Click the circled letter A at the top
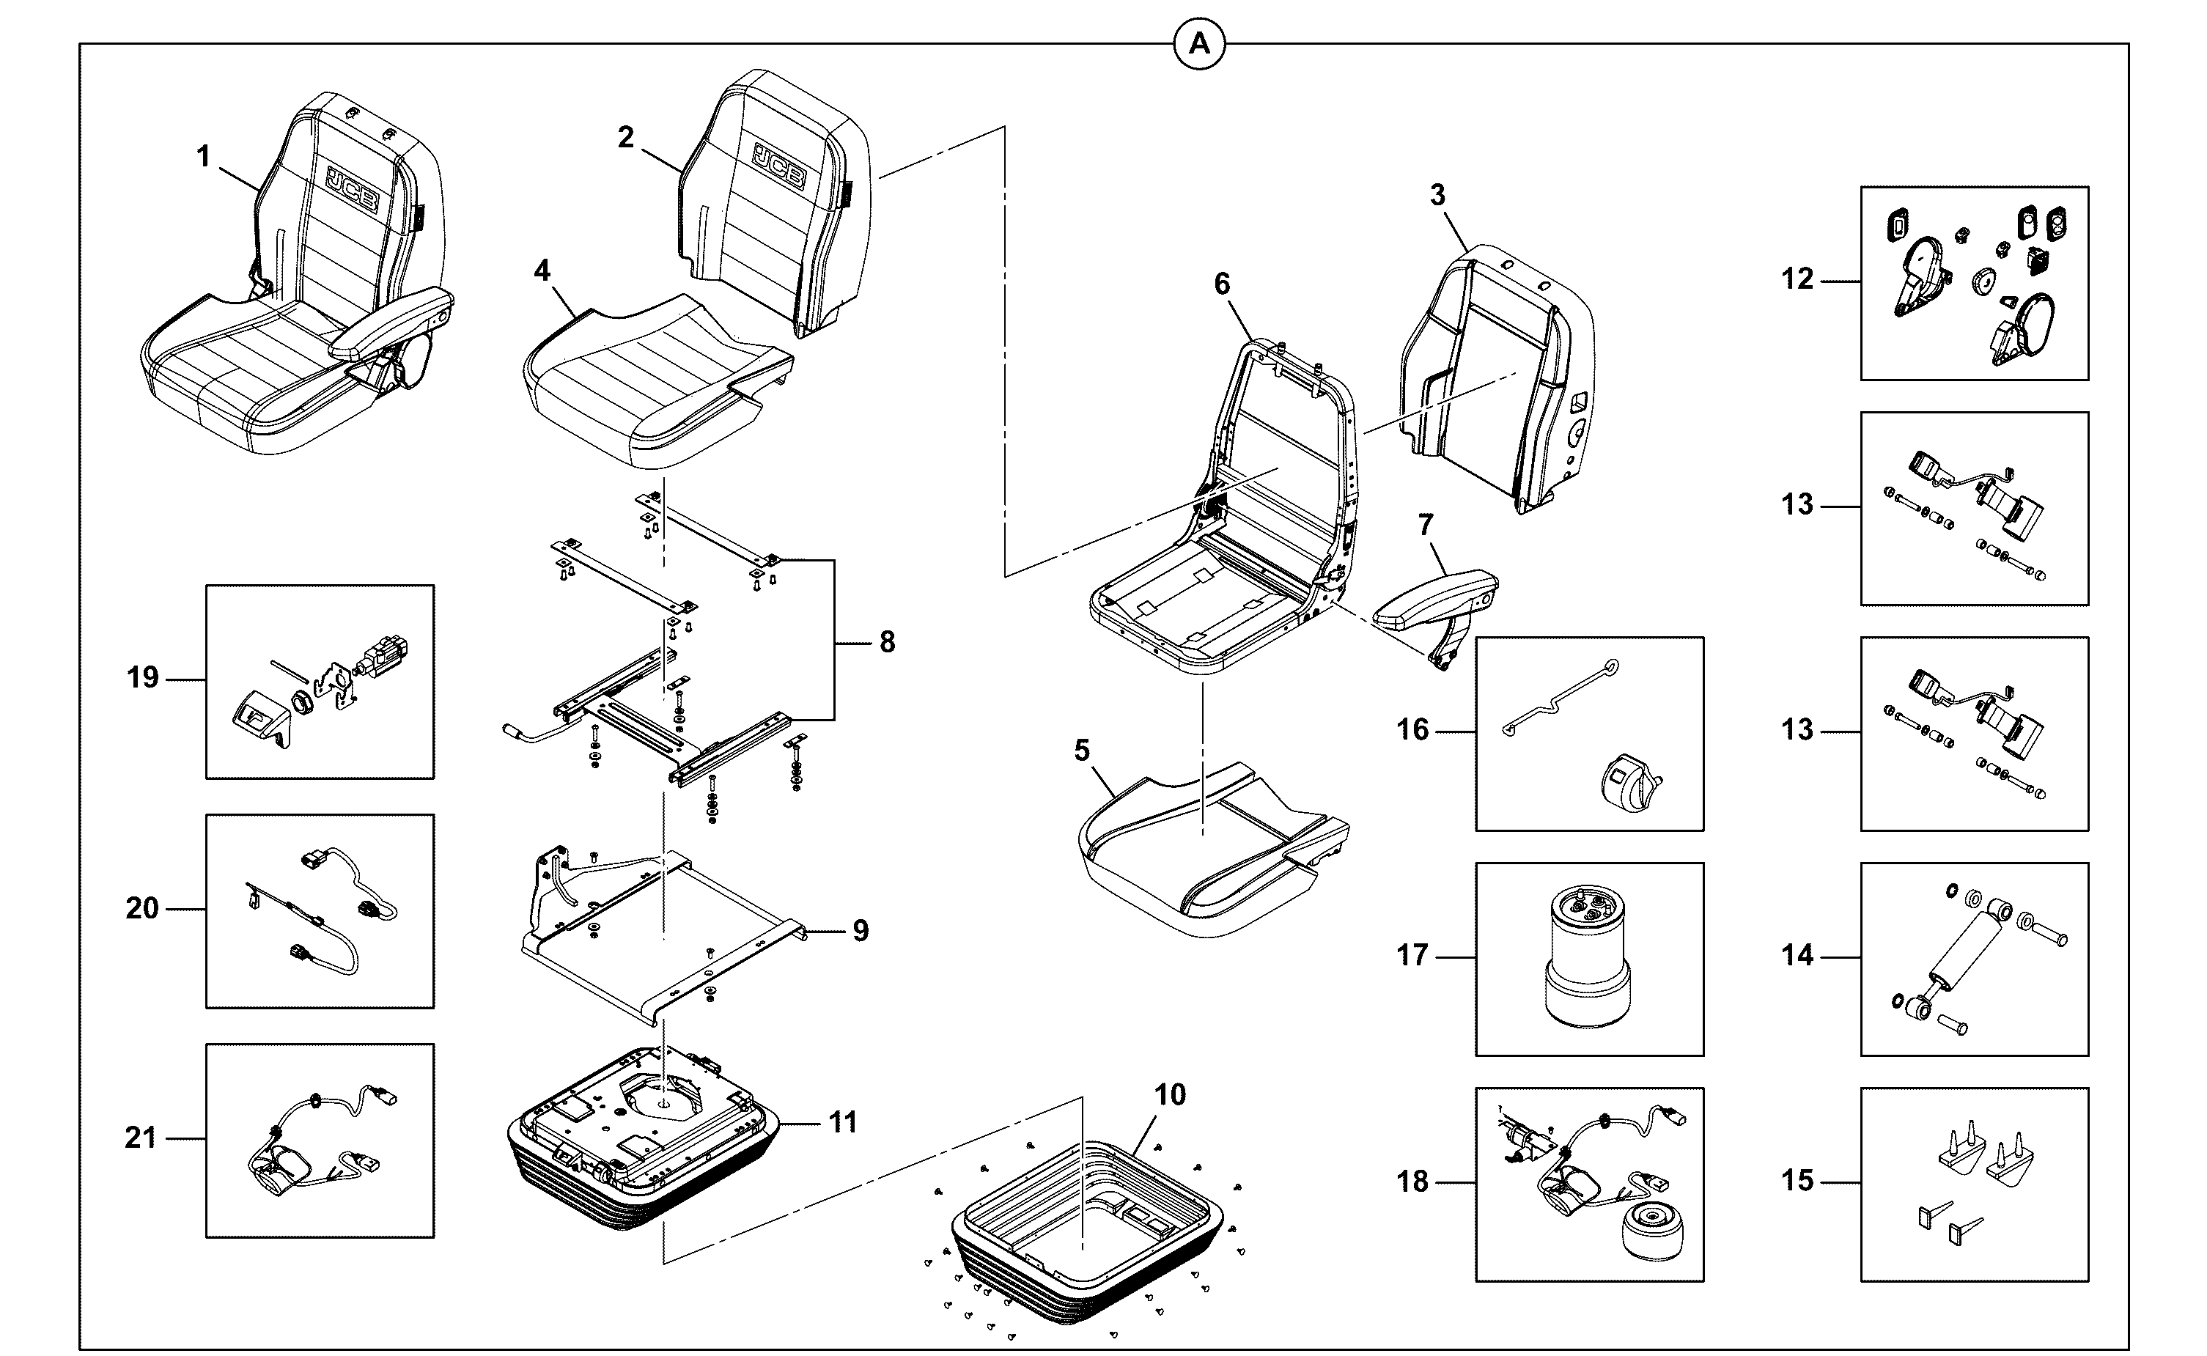[1199, 44]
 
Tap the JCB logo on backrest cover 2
[778, 166]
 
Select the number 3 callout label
[1437, 196]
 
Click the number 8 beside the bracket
[887, 642]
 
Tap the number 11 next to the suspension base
[842, 1123]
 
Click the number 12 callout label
[1797, 280]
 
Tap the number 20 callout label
[141, 908]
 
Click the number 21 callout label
[141, 1138]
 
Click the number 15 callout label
[1797, 1181]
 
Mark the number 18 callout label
[1412, 1182]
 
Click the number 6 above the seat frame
[1223, 284]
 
